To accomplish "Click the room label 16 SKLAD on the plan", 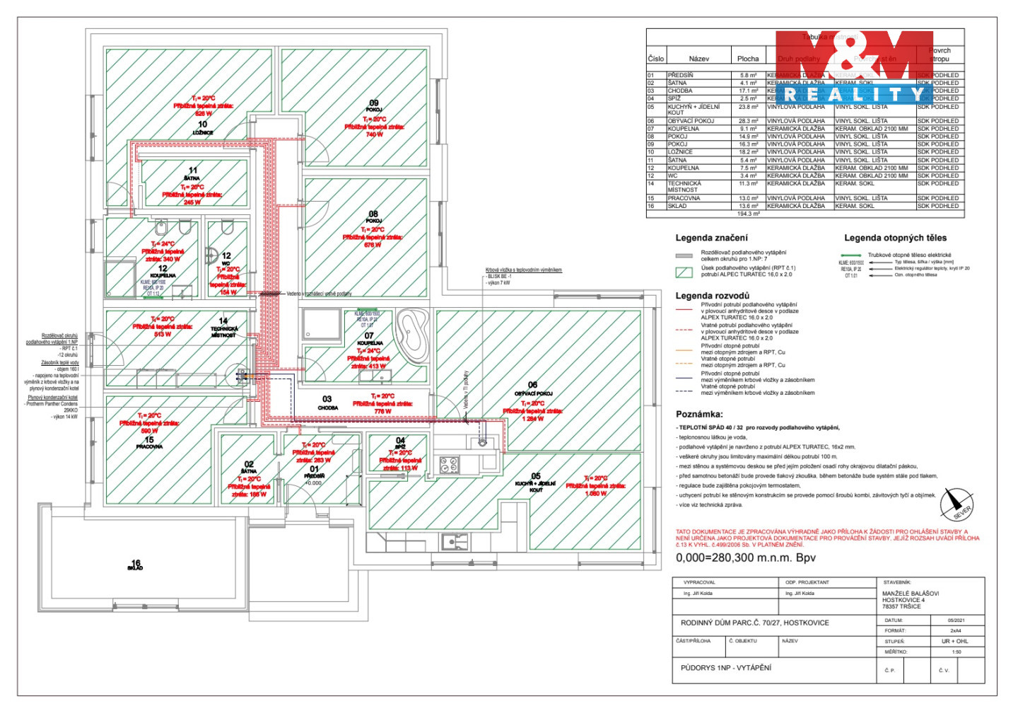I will pyautogui.click(x=136, y=565).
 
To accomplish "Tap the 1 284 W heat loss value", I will pyautogui.click(x=532, y=419).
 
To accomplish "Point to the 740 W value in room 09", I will pyautogui.click(x=374, y=134).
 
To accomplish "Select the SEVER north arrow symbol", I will pyautogui.click(x=957, y=504).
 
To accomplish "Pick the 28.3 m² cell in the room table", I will pyautogui.click(x=748, y=121).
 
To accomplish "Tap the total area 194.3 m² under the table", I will pyautogui.click(x=748, y=214).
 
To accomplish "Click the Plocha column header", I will pyautogui.click(x=748, y=59).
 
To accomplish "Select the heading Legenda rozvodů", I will pyautogui.click(x=712, y=296).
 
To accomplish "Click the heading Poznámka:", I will pyautogui.click(x=699, y=415).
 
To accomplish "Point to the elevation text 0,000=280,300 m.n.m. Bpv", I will pyautogui.click(x=745, y=558).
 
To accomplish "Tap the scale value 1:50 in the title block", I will pyautogui.click(x=956, y=652).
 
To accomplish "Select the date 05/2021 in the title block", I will pyautogui.click(x=956, y=620).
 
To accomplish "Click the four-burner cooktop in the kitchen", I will pyautogui.click(x=449, y=465).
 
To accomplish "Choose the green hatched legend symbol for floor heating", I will pyautogui.click(x=684, y=272).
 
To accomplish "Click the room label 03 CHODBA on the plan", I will pyautogui.click(x=327, y=403).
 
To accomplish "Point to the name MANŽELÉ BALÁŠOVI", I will pyautogui.click(x=911, y=594).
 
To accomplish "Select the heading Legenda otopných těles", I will pyautogui.click(x=895, y=238).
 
